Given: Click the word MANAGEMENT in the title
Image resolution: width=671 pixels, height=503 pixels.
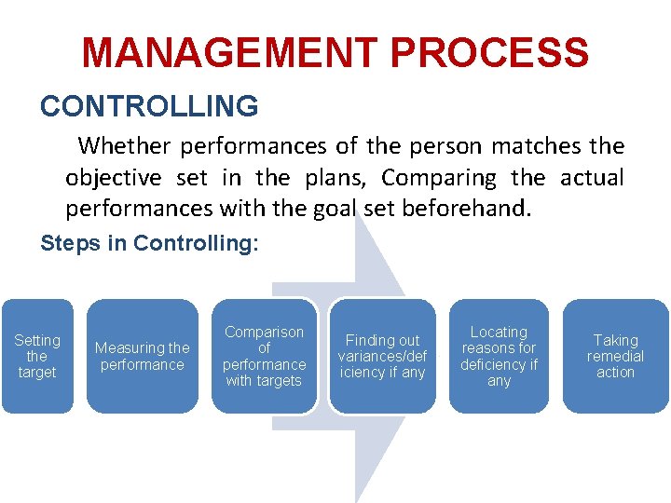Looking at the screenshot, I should (219, 53).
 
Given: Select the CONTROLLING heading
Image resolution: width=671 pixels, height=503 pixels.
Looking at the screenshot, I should (149, 106).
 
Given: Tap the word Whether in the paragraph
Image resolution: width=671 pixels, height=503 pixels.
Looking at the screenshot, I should (125, 146).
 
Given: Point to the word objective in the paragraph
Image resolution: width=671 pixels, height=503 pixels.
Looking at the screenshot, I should (111, 177).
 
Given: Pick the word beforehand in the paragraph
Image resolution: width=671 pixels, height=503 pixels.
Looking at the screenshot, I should (465, 208).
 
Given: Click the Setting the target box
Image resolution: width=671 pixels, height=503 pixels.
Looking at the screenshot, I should (37, 356).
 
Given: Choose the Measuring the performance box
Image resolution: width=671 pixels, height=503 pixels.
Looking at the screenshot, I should (143, 356).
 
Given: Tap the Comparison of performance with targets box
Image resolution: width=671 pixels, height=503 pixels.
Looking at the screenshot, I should (264, 356).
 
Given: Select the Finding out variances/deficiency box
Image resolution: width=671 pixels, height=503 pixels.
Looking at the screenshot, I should (382, 356).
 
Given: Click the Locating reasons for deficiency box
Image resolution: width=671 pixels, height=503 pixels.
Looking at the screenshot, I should (499, 356).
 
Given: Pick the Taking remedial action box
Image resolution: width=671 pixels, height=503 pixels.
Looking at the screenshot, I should (615, 356).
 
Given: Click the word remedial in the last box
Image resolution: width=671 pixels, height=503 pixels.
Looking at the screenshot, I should (615, 356).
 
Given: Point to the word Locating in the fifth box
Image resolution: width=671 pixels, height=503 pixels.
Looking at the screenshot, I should (499, 332).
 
